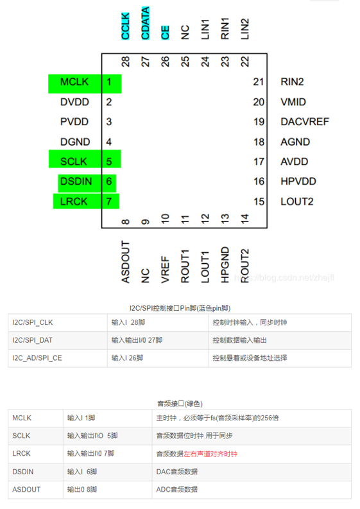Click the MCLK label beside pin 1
coord(74,82)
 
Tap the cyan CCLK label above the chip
coord(125,26)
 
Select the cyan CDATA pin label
coord(145,23)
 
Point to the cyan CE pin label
coord(165,33)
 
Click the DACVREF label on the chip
coord(305,122)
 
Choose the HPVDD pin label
coord(298,181)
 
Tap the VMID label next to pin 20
coord(293,102)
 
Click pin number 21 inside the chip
coord(259,82)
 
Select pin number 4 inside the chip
coord(108,142)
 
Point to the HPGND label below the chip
coord(225,265)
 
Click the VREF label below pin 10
coord(165,270)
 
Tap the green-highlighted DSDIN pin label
coord(76,181)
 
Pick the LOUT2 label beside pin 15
coord(297,202)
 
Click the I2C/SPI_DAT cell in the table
coord(33,340)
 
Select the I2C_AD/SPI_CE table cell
coord(37,358)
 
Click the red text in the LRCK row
coord(210,454)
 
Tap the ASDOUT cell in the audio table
coord(26,490)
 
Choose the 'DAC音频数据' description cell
coord(177,472)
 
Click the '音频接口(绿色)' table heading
coord(180,404)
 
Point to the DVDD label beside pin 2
coord(74,102)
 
